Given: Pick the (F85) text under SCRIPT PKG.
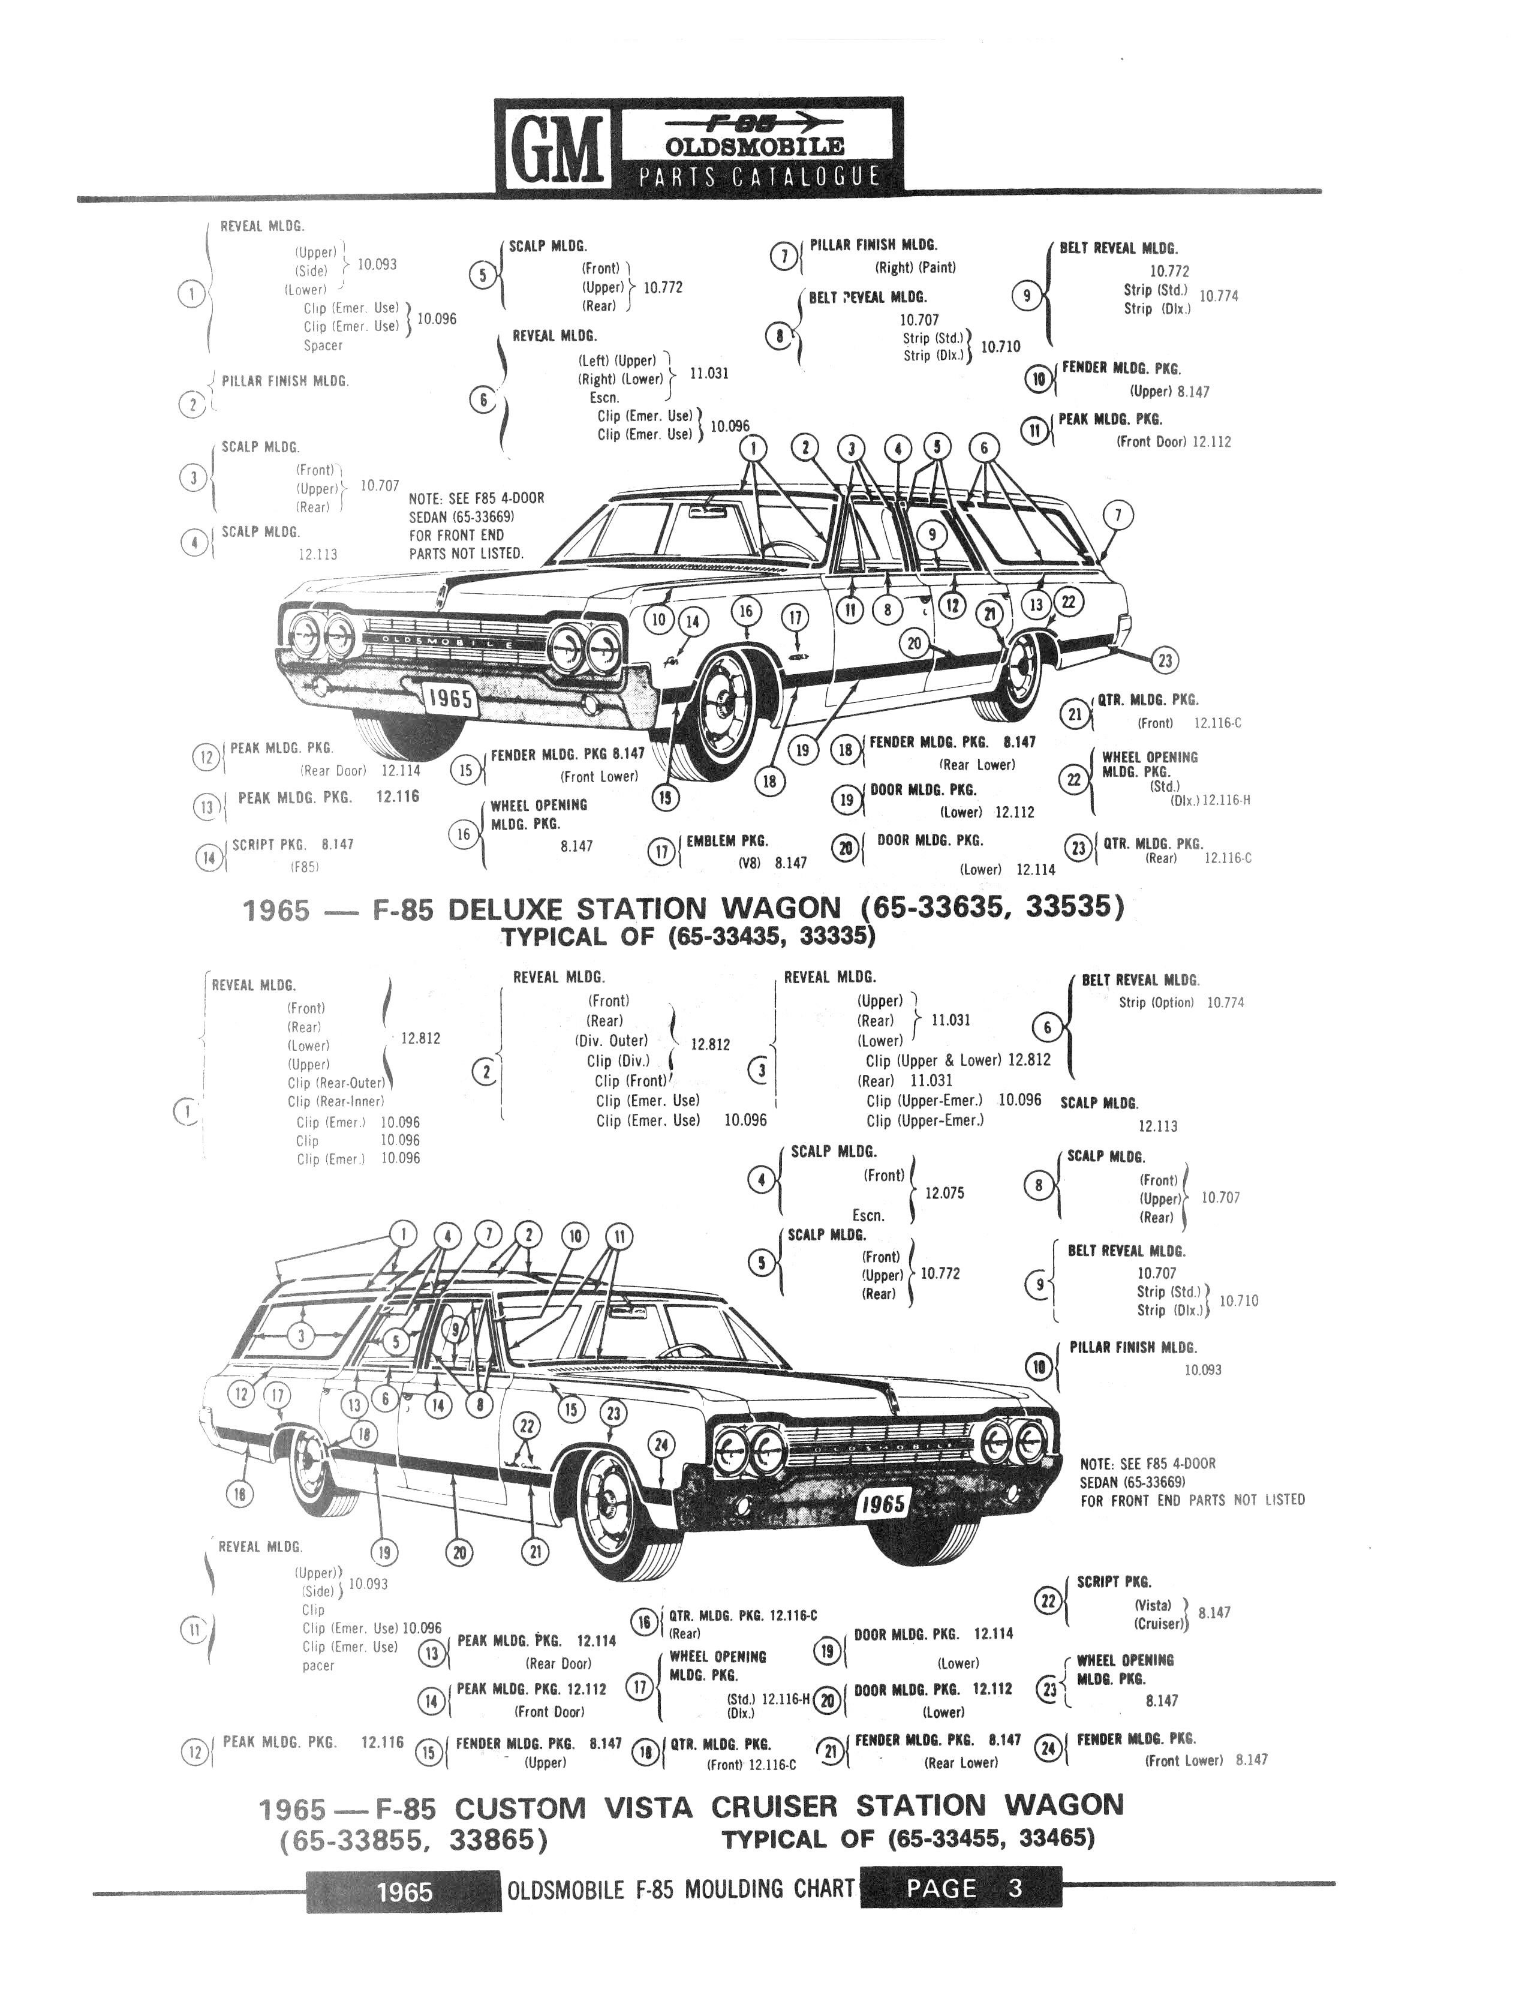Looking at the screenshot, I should (x=305, y=867).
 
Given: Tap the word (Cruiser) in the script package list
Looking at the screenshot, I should (x=1160, y=1624).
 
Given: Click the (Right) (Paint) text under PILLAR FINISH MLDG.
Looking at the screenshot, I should (x=915, y=268).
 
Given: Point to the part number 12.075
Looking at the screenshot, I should (x=944, y=1192).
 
